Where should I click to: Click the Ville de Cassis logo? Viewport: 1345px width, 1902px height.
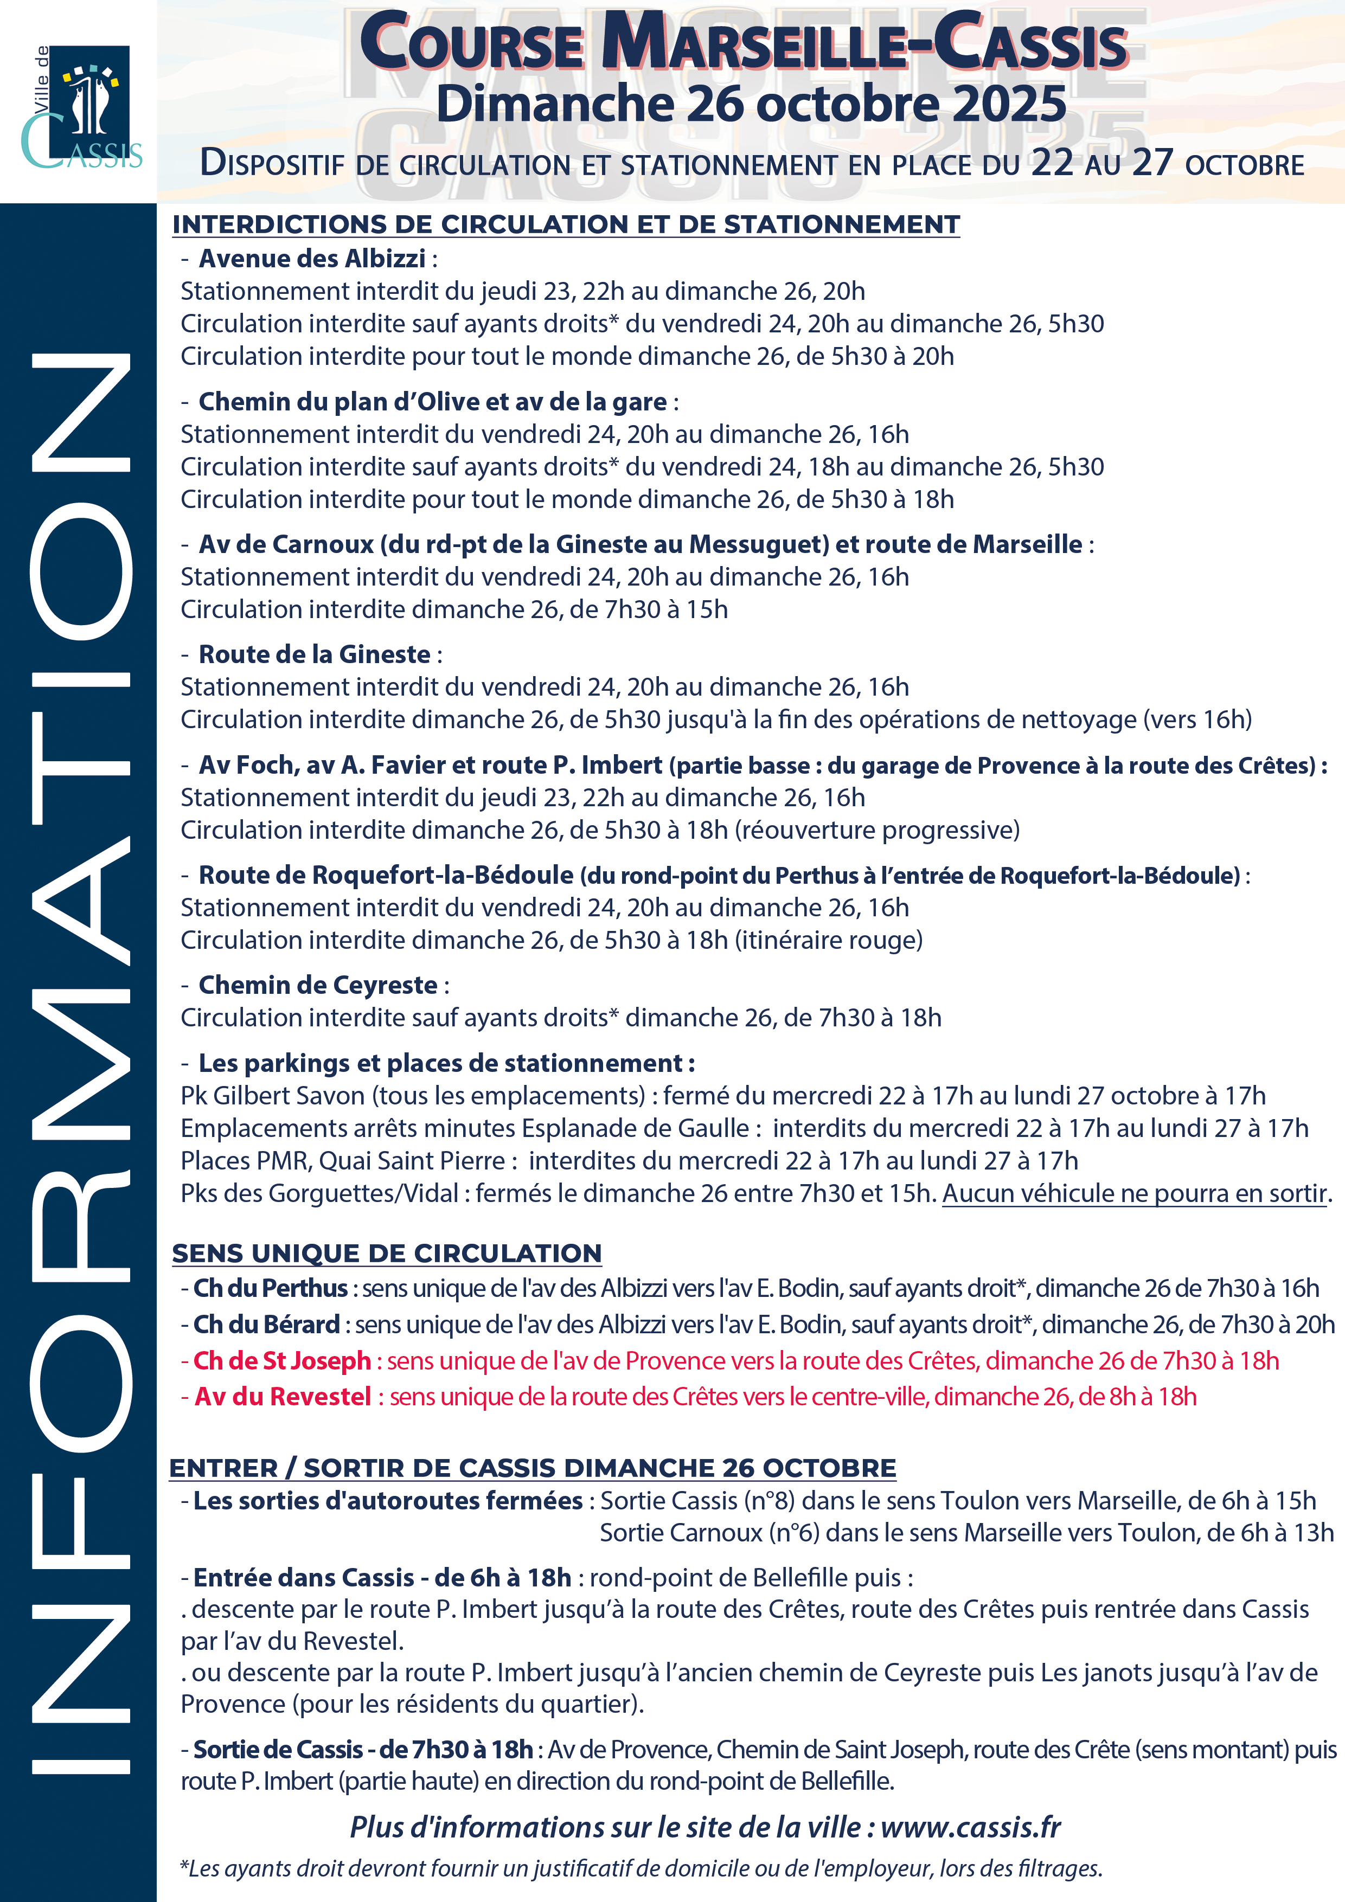[81, 106]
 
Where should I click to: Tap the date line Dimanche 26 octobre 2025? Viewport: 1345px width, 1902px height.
[751, 105]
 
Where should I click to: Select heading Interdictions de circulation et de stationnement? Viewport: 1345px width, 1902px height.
[566, 224]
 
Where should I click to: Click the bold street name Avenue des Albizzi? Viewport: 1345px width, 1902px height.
[312, 259]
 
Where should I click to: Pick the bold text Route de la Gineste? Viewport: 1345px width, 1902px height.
[314, 654]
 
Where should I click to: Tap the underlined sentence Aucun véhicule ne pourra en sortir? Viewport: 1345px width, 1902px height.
[1135, 1194]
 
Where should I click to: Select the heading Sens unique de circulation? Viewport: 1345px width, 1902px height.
[387, 1254]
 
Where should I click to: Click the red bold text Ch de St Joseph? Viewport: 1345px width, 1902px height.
[282, 1360]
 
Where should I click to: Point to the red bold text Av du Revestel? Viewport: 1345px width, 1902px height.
[283, 1397]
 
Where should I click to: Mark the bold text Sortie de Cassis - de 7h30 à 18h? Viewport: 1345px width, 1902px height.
[363, 1750]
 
